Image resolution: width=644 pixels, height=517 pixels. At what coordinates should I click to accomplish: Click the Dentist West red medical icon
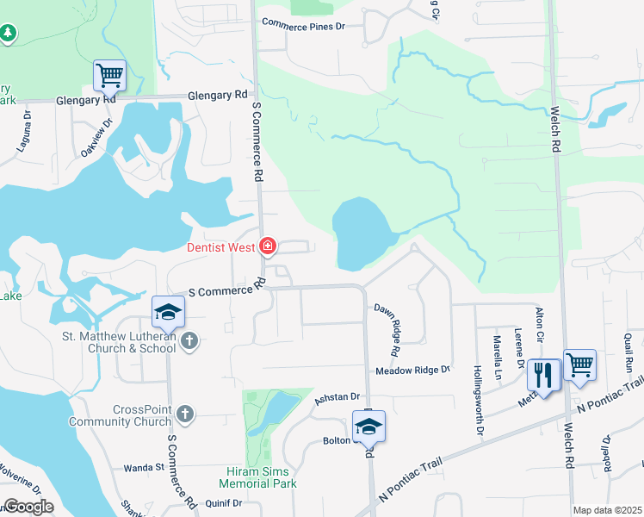pyautogui.click(x=268, y=247)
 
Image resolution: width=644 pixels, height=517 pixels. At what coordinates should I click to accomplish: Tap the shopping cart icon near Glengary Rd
pyautogui.click(x=109, y=75)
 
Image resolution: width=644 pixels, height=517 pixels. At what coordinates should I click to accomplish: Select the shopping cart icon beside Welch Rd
pyautogui.click(x=579, y=364)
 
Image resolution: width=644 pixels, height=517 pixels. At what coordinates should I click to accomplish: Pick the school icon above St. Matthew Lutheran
pyautogui.click(x=169, y=311)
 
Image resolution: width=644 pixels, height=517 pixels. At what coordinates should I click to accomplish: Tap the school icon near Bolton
pyautogui.click(x=368, y=427)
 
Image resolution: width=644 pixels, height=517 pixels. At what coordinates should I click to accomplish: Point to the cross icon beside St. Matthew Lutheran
pyautogui.click(x=190, y=342)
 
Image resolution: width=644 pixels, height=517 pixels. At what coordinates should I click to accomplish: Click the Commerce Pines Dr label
pyautogui.click(x=303, y=26)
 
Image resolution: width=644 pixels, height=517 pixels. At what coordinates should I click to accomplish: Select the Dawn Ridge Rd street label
pyautogui.click(x=385, y=329)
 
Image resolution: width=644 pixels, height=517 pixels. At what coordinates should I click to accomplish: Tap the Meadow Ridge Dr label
pyautogui.click(x=412, y=371)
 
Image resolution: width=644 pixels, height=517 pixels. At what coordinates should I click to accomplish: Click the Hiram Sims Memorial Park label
pyautogui.click(x=262, y=477)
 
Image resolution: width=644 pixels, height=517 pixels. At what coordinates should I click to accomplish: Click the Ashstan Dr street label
pyautogui.click(x=336, y=396)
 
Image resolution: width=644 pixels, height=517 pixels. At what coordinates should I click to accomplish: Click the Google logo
pyautogui.click(x=28, y=507)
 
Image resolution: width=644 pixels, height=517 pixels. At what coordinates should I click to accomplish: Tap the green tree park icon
pyautogui.click(x=8, y=34)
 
